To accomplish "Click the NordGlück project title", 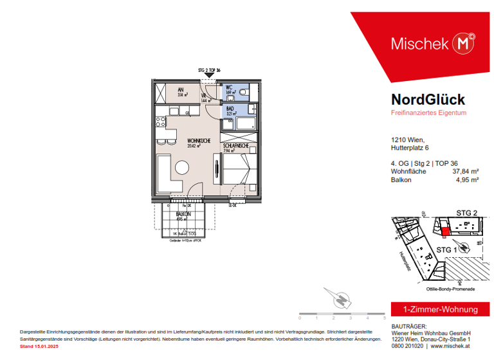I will click(x=427, y=100).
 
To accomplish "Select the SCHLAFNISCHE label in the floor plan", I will click(x=235, y=147).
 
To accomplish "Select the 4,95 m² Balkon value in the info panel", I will click(x=466, y=181).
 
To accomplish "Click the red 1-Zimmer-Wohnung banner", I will click(x=435, y=309).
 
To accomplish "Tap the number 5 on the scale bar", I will click(x=384, y=318).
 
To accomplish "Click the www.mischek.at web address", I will click(x=458, y=345).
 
